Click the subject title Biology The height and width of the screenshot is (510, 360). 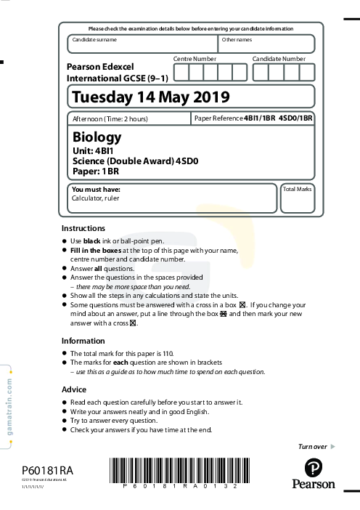point(97,137)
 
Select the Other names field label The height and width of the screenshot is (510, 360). point(237,39)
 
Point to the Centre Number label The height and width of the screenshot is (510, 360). point(195,58)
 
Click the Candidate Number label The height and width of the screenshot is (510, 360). point(279,58)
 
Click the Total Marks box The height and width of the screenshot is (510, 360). point(297,199)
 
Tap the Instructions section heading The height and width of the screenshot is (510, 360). point(83,228)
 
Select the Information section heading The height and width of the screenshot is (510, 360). point(83,341)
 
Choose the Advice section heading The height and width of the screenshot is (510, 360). point(74,389)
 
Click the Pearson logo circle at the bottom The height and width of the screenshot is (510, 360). point(314,467)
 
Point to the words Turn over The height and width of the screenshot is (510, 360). point(313,445)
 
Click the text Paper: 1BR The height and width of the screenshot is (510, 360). point(96,171)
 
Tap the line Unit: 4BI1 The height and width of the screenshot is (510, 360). point(91,150)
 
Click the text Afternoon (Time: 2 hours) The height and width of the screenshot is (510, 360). point(110,118)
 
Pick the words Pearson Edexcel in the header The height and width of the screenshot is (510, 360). point(99,65)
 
